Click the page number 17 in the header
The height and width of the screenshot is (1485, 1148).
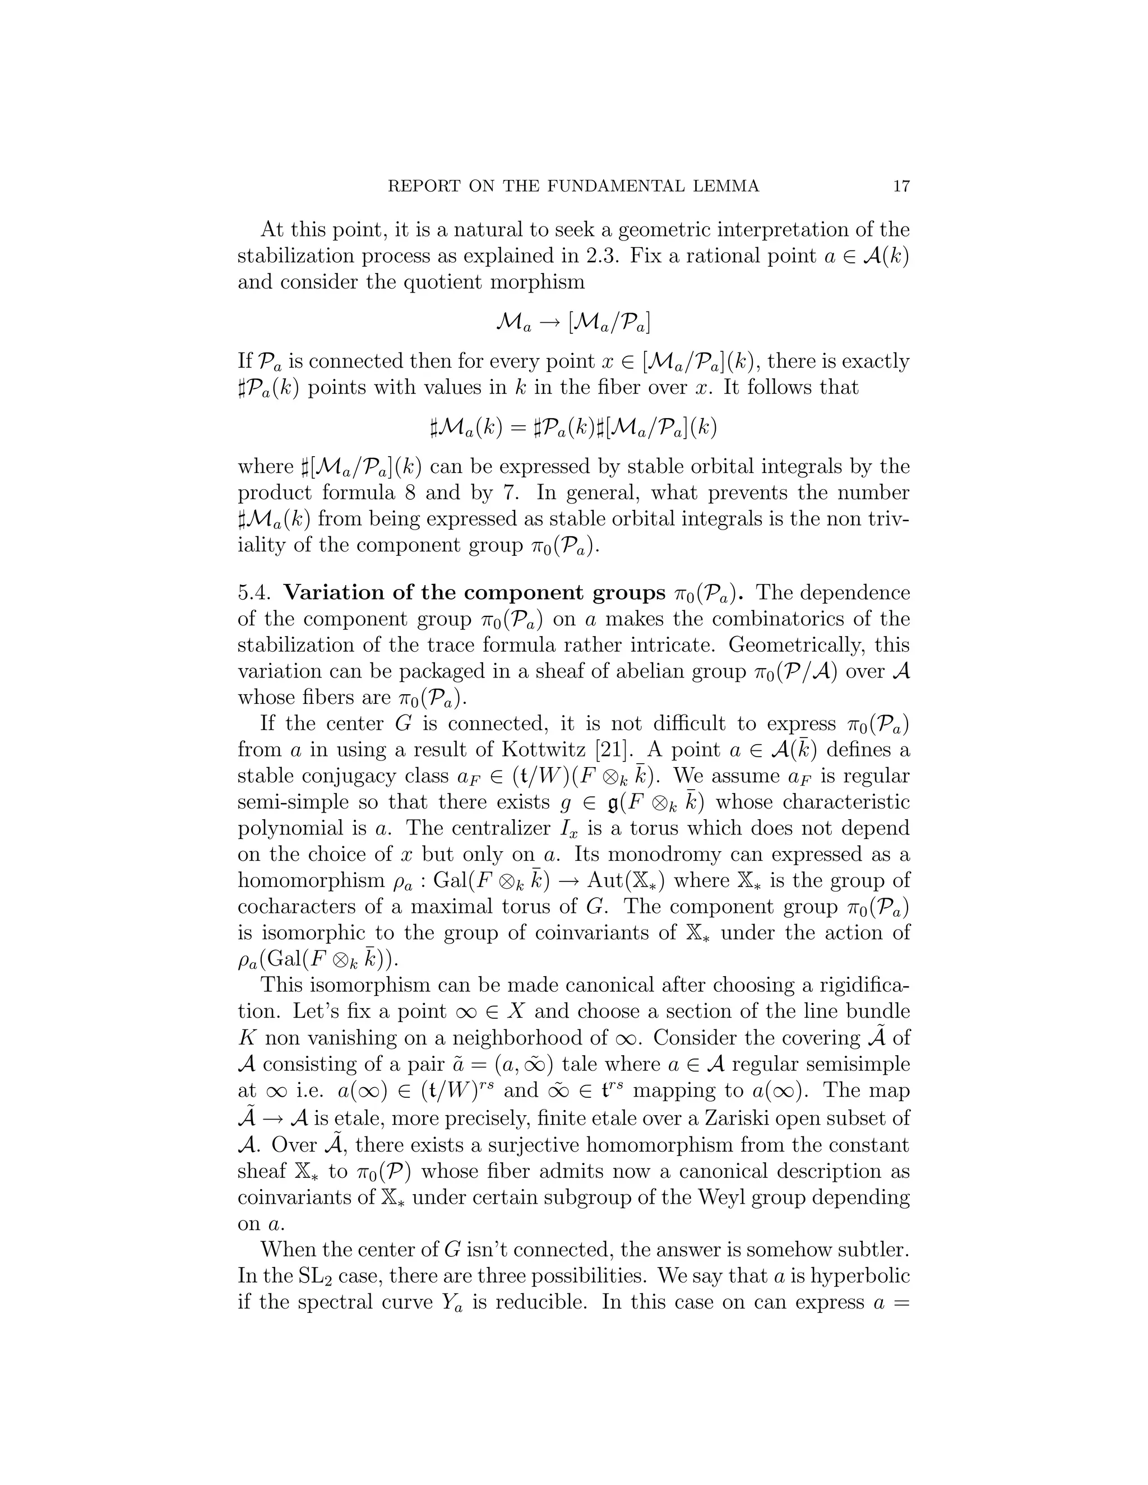[901, 186]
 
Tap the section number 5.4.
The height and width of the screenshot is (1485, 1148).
[255, 593]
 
